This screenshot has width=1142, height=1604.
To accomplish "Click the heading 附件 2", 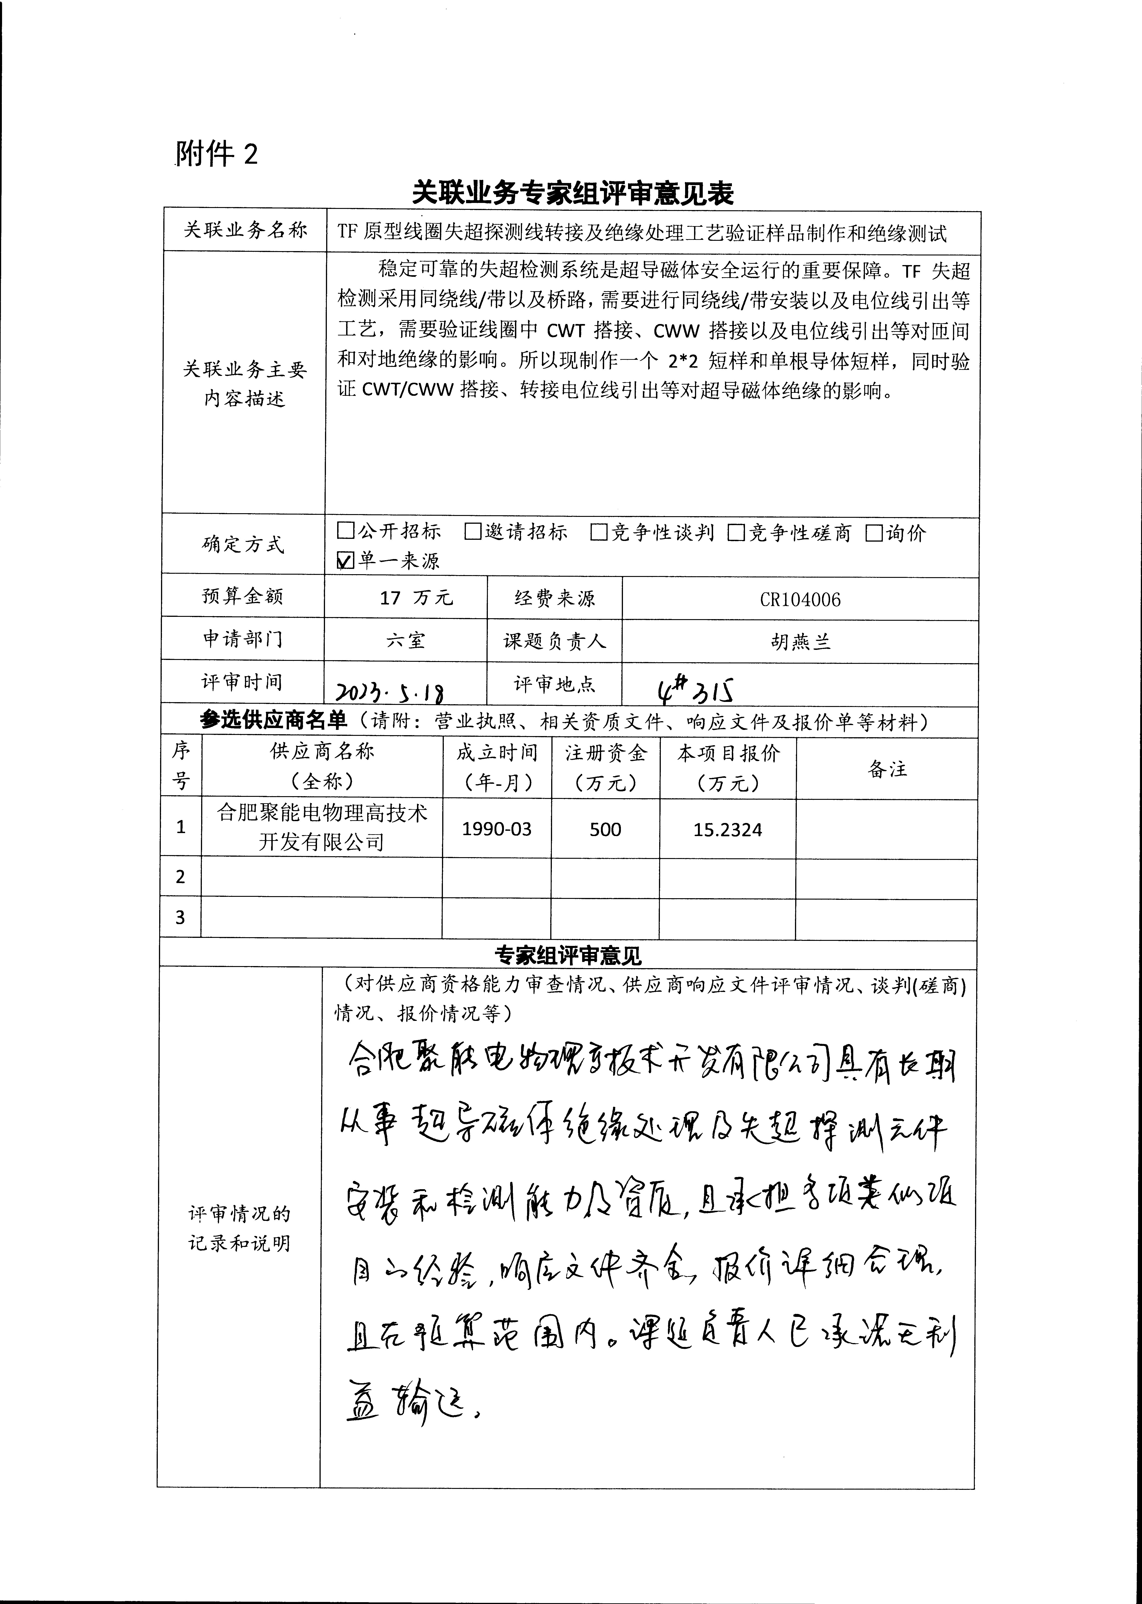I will point(217,153).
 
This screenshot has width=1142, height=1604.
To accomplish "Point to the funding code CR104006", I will point(800,600).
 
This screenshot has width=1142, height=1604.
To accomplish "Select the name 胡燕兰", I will point(800,641).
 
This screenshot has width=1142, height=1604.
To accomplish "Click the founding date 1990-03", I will point(497,829).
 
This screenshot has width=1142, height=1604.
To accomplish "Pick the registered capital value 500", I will point(605,829).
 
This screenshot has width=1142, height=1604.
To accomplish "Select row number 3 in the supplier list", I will point(180,917).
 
